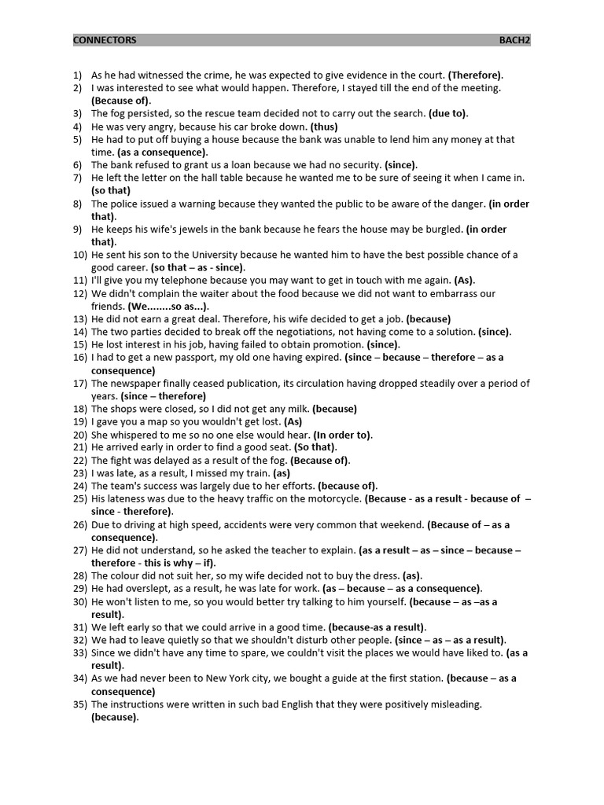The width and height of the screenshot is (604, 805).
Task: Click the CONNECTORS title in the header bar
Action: (105, 40)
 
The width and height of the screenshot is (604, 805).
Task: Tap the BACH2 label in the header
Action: (514, 40)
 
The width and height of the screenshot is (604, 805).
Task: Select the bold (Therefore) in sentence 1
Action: (476, 75)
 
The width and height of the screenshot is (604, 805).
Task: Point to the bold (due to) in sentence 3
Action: (448, 113)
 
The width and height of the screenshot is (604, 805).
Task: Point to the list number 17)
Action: (79, 384)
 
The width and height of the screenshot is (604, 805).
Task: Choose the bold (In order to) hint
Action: (343, 435)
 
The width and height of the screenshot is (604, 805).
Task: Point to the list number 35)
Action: (79, 704)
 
